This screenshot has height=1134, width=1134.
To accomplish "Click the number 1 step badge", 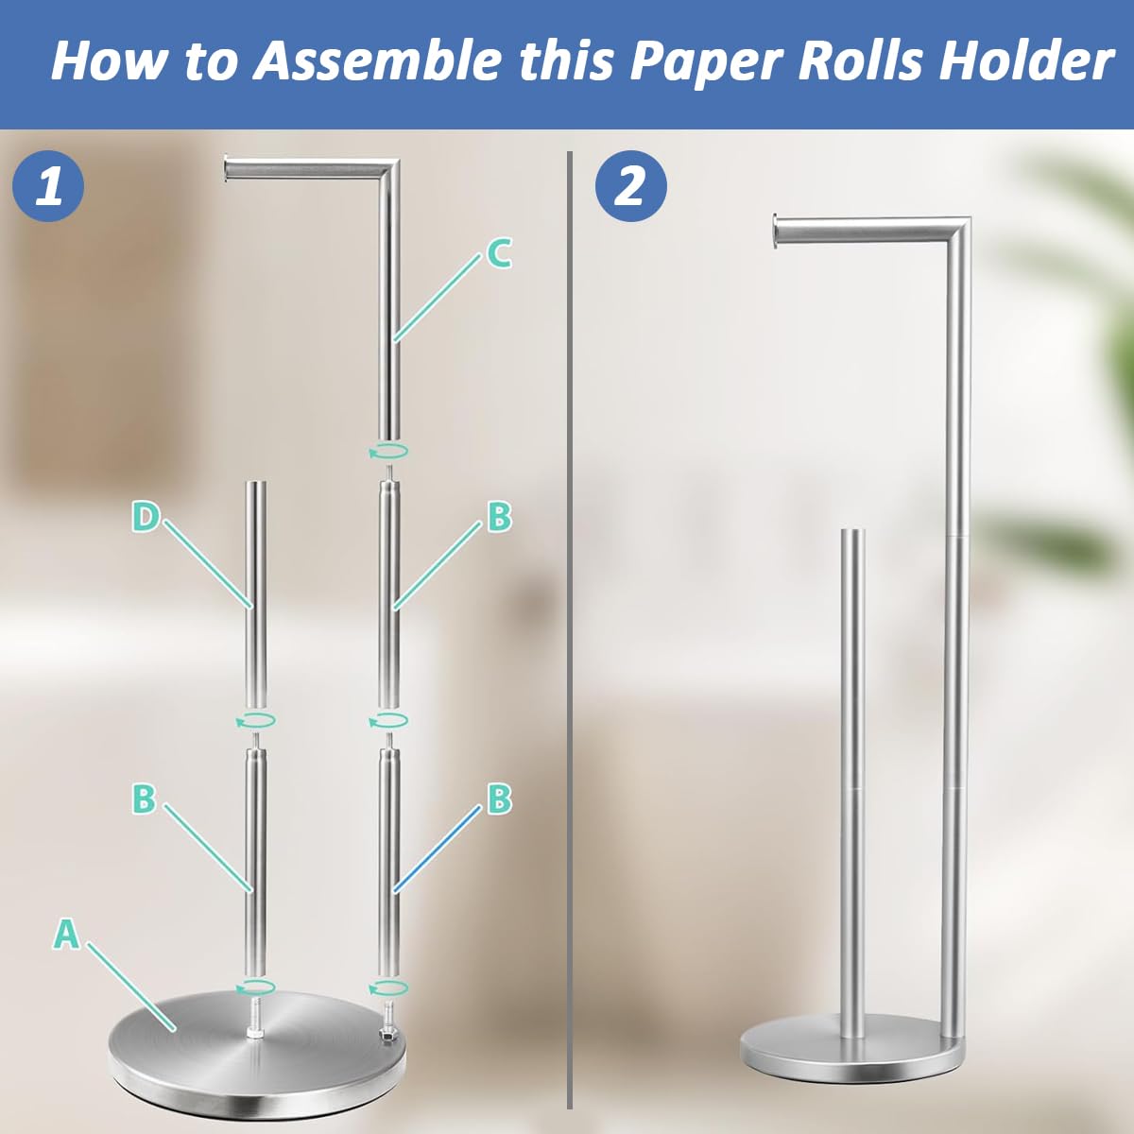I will (48, 185).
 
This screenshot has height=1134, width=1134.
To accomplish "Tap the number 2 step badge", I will (630, 185).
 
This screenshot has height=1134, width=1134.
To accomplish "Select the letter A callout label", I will (65, 934).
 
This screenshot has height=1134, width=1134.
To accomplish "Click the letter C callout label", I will (499, 253).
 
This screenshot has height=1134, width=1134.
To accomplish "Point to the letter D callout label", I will (145, 517).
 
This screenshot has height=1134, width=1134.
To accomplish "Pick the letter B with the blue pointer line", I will (499, 799).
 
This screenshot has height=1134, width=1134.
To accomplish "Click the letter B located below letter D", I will (144, 799).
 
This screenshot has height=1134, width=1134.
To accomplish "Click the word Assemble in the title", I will (378, 60).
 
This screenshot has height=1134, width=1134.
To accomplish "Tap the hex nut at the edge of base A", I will (387, 1036).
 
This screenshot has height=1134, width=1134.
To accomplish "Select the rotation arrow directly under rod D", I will (255, 721).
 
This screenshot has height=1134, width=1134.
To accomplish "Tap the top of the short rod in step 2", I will (852, 535).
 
